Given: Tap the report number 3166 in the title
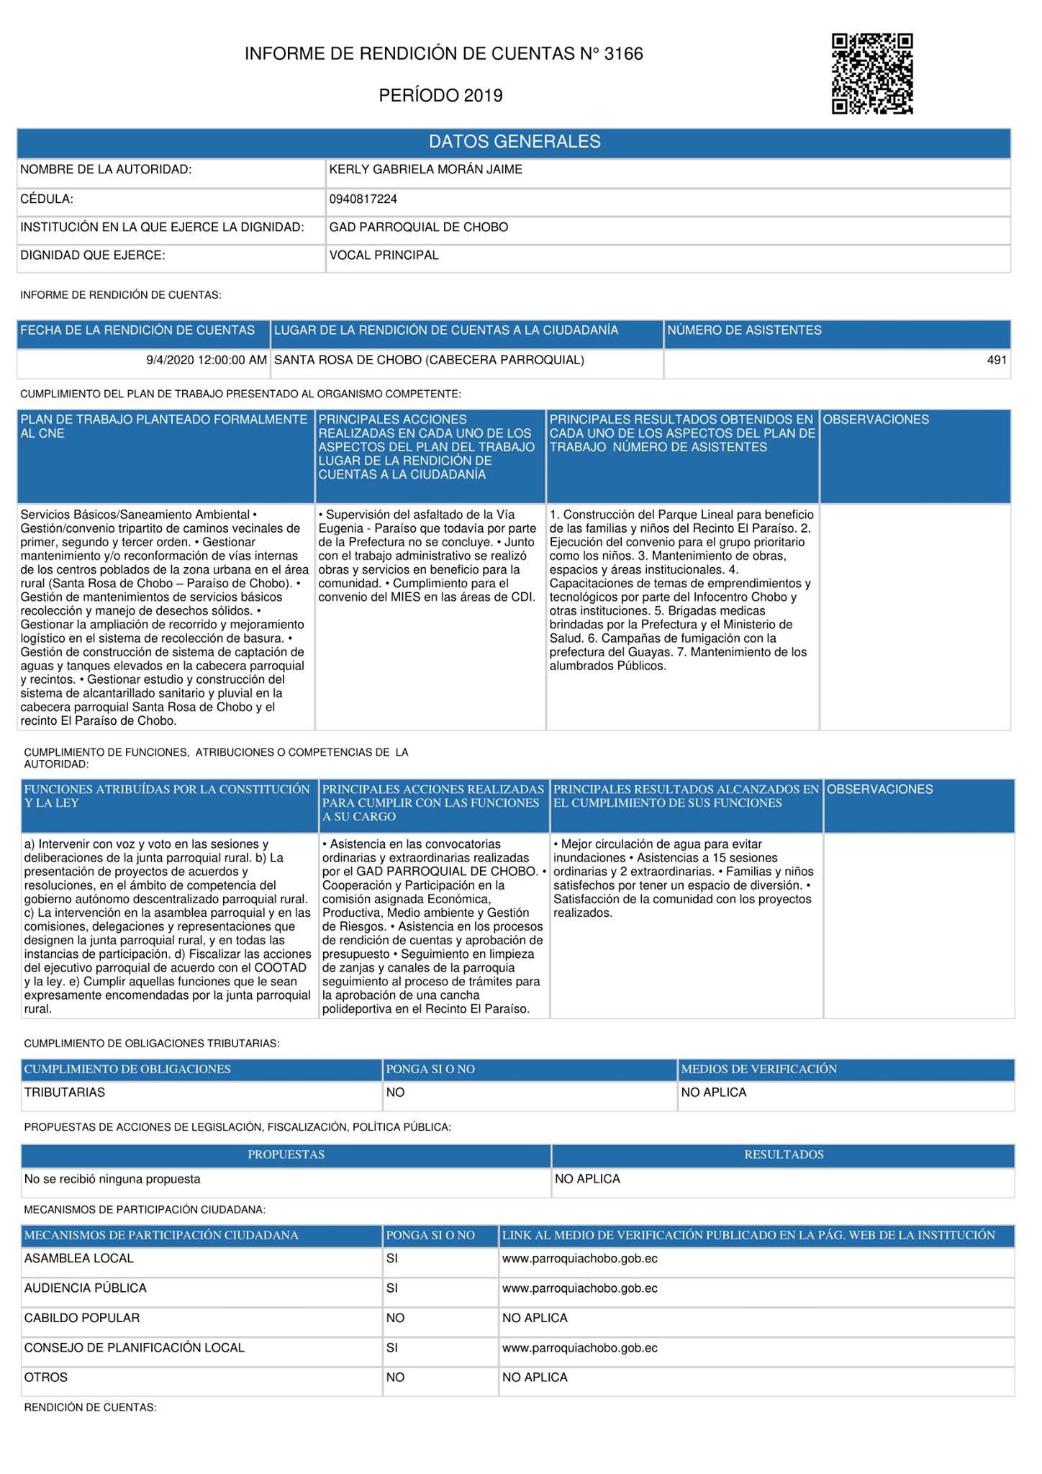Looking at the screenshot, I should point(623,54).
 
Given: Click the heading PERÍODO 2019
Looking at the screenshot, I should point(440,96).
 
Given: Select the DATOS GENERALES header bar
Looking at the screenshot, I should point(514,142).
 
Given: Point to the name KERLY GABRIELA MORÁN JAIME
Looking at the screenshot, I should point(425,170).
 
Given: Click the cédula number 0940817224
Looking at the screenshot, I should point(363,199).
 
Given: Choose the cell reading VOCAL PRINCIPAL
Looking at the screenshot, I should point(384,256).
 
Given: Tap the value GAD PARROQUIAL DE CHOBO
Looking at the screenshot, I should point(418,227).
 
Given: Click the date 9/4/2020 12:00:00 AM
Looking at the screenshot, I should point(207,360).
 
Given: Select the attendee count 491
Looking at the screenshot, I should point(996,360).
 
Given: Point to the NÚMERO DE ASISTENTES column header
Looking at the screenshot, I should point(743,330).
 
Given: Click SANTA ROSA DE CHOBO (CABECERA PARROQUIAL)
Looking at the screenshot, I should point(429,360).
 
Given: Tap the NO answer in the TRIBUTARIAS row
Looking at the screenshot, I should point(395,1093).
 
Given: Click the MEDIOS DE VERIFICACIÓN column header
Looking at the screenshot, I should point(758,1069).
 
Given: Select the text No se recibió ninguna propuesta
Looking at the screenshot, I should point(112,1179).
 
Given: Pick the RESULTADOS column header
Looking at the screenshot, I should point(783,1154).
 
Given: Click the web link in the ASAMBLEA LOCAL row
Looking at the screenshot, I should point(579,1259).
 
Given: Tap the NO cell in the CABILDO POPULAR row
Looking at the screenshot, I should point(395,1318).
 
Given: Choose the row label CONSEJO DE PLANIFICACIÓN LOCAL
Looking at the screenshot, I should point(135,1347).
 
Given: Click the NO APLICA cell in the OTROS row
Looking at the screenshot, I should point(535,1377).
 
